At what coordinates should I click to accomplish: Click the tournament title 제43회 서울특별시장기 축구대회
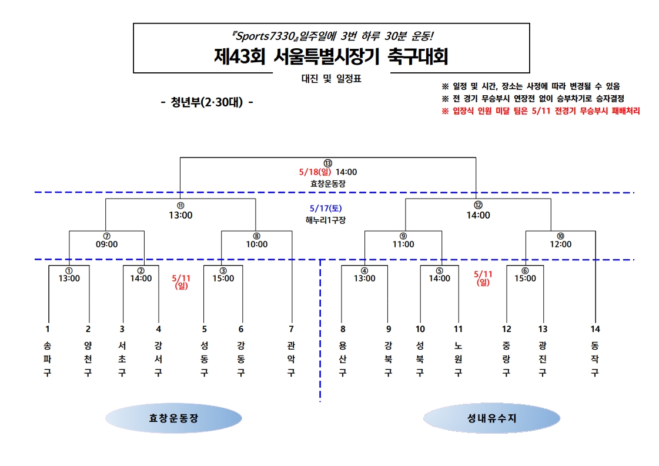click(331, 57)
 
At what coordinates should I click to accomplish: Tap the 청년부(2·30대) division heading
click(207, 102)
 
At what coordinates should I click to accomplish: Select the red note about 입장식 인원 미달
click(540, 110)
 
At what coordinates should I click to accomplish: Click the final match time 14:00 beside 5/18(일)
click(346, 172)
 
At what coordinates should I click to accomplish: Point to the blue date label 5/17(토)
click(326, 209)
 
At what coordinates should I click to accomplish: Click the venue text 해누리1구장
click(326, 220)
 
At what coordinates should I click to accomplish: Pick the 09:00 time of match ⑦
click(106, 244)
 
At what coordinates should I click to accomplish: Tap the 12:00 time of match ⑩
click(560, 244)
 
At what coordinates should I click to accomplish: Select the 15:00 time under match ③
click(223, 279)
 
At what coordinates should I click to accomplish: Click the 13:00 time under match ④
click(364, 279)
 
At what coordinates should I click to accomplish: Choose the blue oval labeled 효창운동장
click(173, 418)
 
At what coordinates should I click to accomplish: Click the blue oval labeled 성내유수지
click(491, 418)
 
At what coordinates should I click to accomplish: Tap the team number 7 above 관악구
click(291, 329)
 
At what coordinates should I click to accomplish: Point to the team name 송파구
click(48, 359)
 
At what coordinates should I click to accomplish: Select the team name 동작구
click(595, 359)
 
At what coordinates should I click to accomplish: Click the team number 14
click(595, 329)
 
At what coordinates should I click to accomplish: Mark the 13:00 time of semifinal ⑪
click(180, 215)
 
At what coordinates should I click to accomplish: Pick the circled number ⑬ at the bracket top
click(328, 163)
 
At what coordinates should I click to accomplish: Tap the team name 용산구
click(343, 359)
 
